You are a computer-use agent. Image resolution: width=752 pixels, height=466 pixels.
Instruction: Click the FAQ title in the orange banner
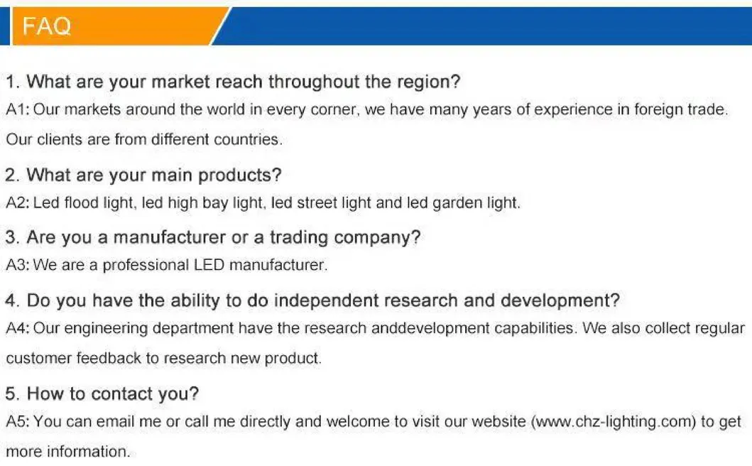(47, 26)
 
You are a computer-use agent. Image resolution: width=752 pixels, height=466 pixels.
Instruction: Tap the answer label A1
(17, 110)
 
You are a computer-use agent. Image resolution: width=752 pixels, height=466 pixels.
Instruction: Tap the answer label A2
(17, 203)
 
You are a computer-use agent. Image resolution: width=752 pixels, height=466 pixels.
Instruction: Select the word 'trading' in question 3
(299, 238)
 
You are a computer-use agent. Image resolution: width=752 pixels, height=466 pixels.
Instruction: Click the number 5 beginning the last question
(11, 394)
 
